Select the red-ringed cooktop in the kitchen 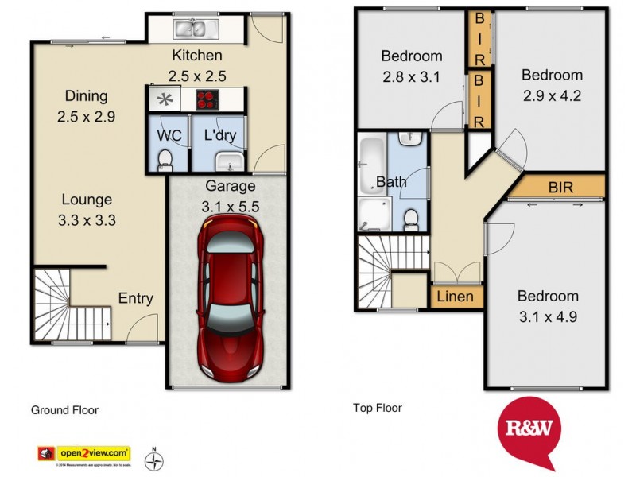coord(208,99)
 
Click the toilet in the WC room coord(165,161)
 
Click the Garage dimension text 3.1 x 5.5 coord(231,206)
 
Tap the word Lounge coord(87,200)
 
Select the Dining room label coord(86,96)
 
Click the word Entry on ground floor coord(135,298)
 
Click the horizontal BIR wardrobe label coord(561,188)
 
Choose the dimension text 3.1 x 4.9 coord(548,316)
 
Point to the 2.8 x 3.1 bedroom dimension coord(411,76)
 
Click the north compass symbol coord(155,459)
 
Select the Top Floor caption coord(377,408)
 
